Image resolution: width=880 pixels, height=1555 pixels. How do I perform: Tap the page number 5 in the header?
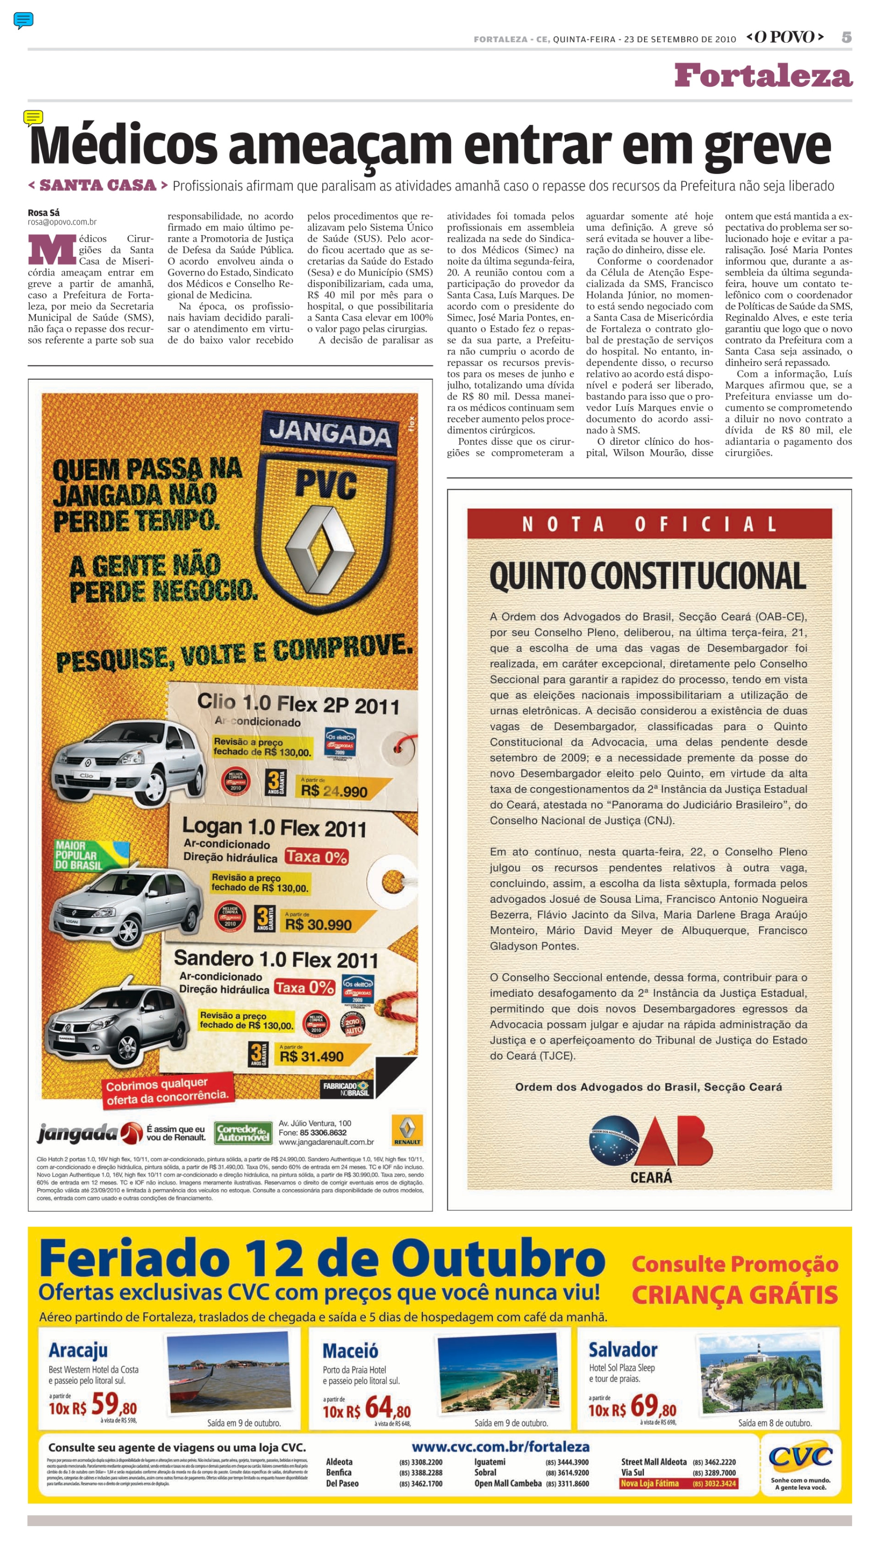pyautogui.click(x=846, y=38)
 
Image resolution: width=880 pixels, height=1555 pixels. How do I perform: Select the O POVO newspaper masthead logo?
pyautogui.click(x=785, y=38)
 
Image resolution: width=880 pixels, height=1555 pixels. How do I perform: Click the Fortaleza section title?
pyautogui.click(x=763, y=76)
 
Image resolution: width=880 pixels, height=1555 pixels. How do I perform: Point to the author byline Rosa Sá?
pyautogui.click(x=44, y=212)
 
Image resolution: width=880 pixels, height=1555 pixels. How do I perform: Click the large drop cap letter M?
pyautogui.click(x=52, y=249)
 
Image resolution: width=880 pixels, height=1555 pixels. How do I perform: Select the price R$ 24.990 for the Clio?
pyautogui.click(x=334, y=790)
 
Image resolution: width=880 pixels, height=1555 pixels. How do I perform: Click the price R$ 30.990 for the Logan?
pyautogui.click(x=318, y=924)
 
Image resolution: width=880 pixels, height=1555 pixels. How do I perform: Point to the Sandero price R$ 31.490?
pyautogui.click(x=311, y=1056)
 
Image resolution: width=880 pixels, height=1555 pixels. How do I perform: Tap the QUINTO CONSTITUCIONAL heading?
pyautogui.click(x=648, y=576)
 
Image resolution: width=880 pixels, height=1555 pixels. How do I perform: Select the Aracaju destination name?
pyautogui.click(x=78, y=1350)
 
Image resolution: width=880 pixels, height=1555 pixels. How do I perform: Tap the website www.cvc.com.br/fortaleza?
pyautogui.click(x=500, y=1447)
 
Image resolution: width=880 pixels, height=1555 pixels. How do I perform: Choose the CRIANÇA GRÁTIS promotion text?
pyautogui.click(x=734, y=1295)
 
